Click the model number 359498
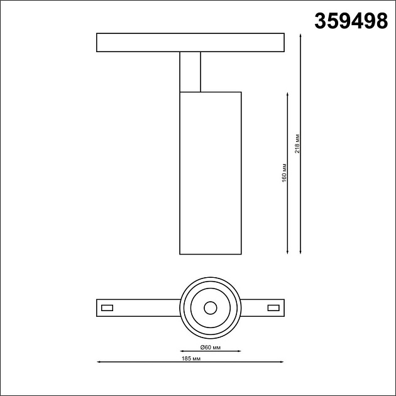pos(350,21)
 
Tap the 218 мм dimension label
pos(297,144)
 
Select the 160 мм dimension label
pos(284,173)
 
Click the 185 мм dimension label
pos(190,358)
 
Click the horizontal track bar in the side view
pos(191,42)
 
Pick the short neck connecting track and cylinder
pos(190,72)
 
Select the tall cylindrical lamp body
pos(211,173)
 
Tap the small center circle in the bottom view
pos(210,307)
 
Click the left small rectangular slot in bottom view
pos(107,307)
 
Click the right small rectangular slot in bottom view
pos(273,307)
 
